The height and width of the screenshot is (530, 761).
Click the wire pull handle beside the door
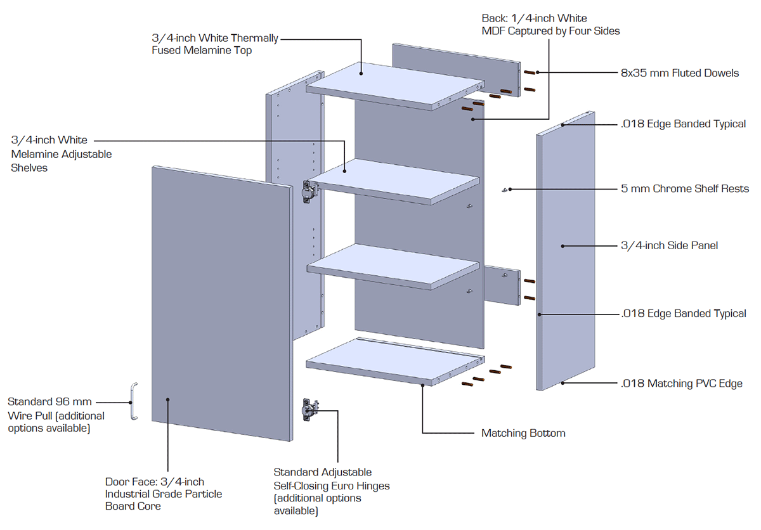(133, 401)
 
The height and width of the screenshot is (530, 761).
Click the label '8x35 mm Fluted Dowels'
(680, 73)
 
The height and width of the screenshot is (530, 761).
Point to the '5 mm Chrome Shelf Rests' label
(685, 188)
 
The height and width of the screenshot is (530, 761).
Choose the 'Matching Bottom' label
(523, 434)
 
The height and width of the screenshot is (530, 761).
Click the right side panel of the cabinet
(566, 254)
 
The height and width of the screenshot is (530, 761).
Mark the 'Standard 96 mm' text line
(49, 402)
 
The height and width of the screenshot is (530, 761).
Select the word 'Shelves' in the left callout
(29, 168)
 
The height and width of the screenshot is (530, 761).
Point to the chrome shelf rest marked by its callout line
(505, 190)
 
